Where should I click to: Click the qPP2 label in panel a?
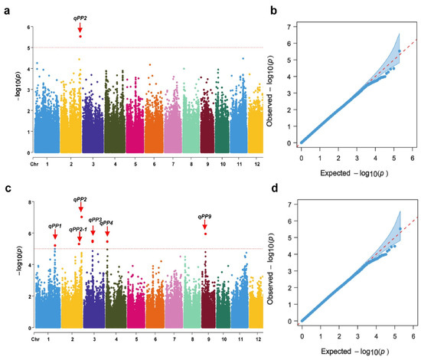click(x=80, y=16)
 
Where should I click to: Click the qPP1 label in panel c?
click(x=55, y=226)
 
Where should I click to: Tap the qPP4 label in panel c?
click(x=107, y=223)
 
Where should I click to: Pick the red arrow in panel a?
click(x=80, y=27)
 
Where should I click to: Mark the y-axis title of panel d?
click(x=277, y=257)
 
